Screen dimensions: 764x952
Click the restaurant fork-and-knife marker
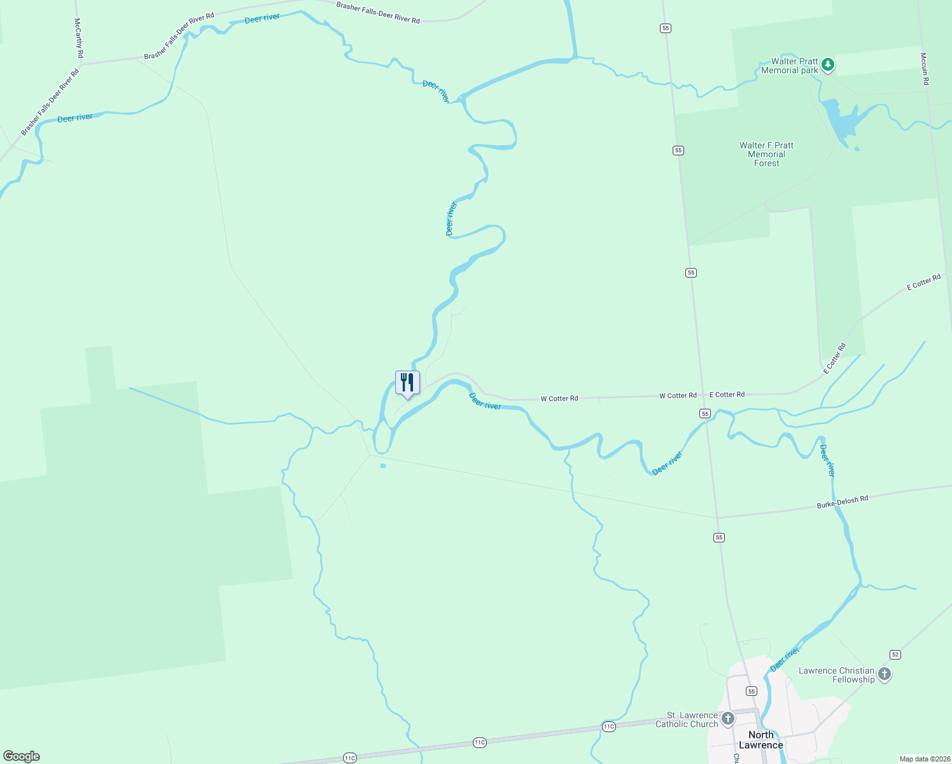tap(407, 383)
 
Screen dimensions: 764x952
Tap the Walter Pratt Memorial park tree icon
tap(827, 64)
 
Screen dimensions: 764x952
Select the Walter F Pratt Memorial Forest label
tap(766, 154)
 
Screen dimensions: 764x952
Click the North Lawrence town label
tap(760, 740)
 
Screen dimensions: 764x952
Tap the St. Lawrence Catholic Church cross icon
tap(728, 719)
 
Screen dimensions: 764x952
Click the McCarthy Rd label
tap(78, 38)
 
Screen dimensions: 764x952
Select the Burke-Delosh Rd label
tap(842, 502)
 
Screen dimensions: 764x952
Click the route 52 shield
tap(895, 654)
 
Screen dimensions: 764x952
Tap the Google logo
tap(21, 756)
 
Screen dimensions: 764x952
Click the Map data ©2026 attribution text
tap(925, 759)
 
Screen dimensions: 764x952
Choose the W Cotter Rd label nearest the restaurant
tap(559, 399)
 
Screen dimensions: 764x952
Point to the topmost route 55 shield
tap(666, 28)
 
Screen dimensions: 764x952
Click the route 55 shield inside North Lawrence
tap(752, 691)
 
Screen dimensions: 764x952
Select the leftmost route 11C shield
tap(349, 758)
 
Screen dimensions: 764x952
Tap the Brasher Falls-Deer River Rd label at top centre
tap(378, 13)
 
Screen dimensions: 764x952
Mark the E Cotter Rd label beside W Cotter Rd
tap(727, 395)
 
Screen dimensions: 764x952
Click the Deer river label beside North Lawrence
tap(784, 660)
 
